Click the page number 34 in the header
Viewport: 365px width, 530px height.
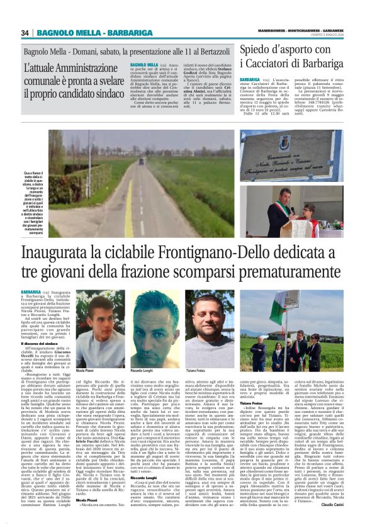(26, 33)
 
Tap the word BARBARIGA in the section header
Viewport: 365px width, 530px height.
(118, 33)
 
